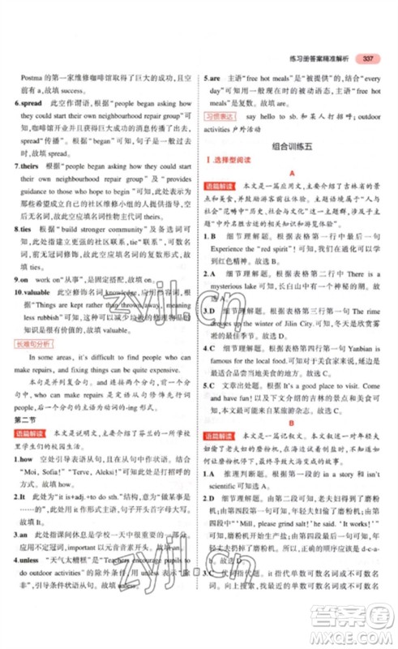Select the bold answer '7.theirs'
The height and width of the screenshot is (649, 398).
[x=30, y=187]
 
